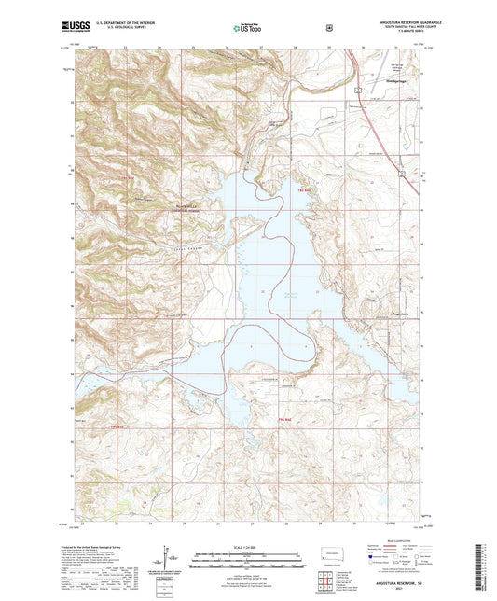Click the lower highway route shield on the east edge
point(402,174)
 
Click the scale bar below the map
point(248,563)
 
